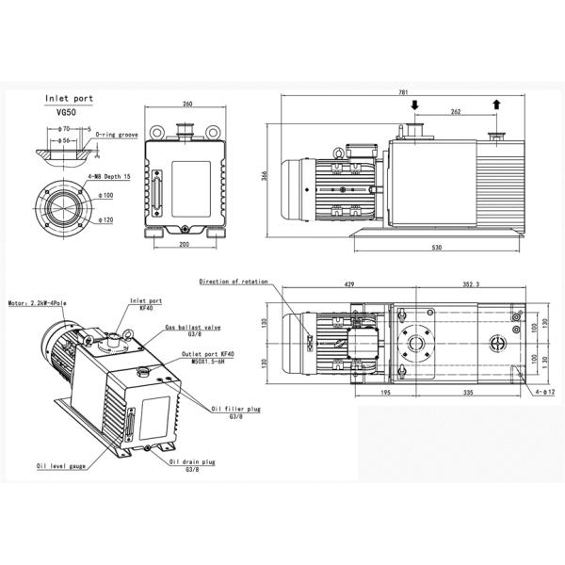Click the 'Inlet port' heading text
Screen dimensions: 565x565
point(69,98)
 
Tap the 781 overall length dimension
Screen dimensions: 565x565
point(404,93)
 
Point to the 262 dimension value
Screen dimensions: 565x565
point(455,112)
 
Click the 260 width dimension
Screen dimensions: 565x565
point(187,104)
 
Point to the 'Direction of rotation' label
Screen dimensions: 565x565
point(234,282)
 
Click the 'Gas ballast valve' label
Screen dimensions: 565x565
point(192,327)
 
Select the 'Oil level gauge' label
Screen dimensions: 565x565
point(63,465)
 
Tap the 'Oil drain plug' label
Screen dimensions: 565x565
point(193,462)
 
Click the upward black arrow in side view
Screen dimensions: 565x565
point(496,105)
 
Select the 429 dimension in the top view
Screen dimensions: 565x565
point(349,282)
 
